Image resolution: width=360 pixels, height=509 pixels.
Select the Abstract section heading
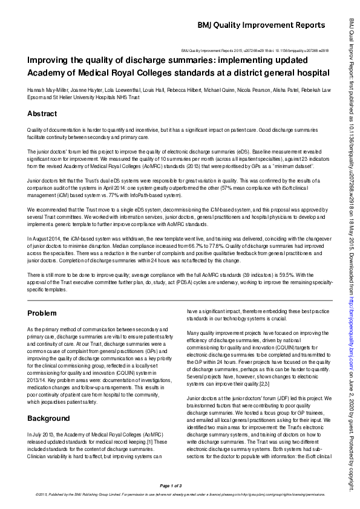pos(42,114)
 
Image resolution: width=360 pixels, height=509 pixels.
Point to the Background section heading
pos(48,418)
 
